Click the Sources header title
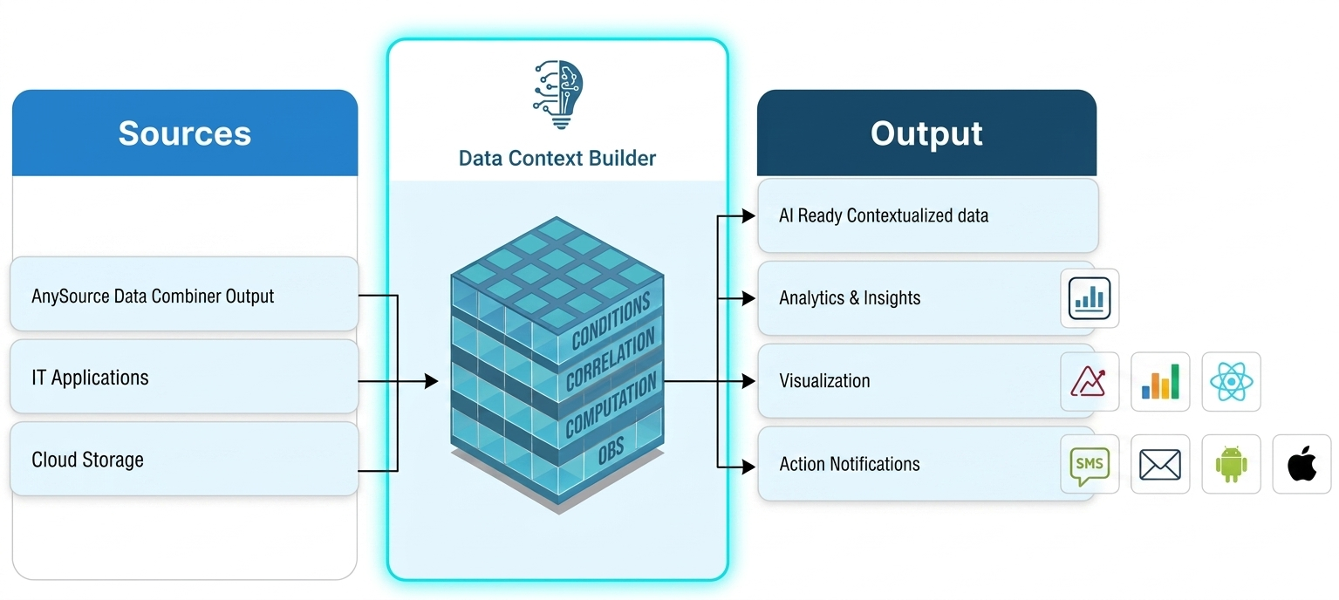click(x=184, y=133)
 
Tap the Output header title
click(x=926, y=133)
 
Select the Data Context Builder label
click(x=557, y=158)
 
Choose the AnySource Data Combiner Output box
click(x=184, y=295)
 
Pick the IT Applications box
click(x=184, y=377)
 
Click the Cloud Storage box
click(x=184, y=459)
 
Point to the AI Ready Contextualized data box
click(x=926, y=215)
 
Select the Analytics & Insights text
click(x=850, y=298)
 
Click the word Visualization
click(x=824, y=381)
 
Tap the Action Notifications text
click(x=850, y=464)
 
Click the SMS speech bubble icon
click(x=1090, y=464)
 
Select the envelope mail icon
click(x=1160, y=464)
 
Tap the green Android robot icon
click(x=1231, y=464)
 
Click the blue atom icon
click(x=1231, y=381)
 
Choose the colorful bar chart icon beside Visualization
click(x=1160, y=381)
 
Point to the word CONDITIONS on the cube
click(x=611, y=322)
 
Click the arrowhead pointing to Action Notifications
click(x=748, y=467)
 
